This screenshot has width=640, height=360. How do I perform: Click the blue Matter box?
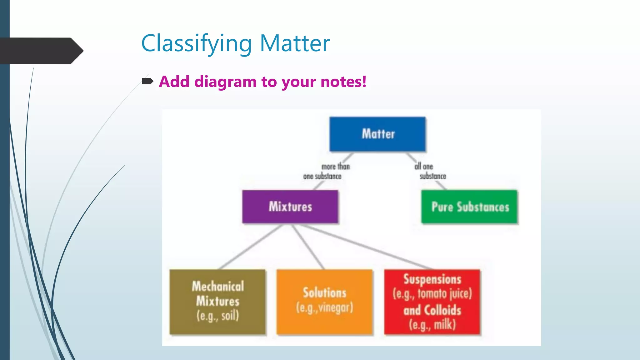(377, 134)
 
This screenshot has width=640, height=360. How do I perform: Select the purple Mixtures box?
(290, 207)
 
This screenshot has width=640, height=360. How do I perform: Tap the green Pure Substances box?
(469, 207)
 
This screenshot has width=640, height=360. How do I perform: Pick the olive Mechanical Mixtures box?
(217, 302)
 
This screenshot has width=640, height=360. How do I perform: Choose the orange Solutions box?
(324, 302)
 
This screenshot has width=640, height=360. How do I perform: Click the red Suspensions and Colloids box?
(432, 302)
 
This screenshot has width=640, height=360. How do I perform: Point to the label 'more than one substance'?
(327, 172)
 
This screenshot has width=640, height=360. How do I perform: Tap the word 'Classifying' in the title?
(196, 44)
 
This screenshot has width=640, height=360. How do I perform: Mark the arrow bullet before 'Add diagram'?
(147, 82)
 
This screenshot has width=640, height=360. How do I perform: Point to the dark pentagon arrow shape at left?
(41, 51)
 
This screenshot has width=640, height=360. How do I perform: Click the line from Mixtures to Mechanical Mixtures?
(250, 247)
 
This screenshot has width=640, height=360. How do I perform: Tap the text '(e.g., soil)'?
(217, 316)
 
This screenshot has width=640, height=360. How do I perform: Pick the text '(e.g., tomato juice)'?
(432, 294)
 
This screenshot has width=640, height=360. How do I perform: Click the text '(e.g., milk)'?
(432, 325)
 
